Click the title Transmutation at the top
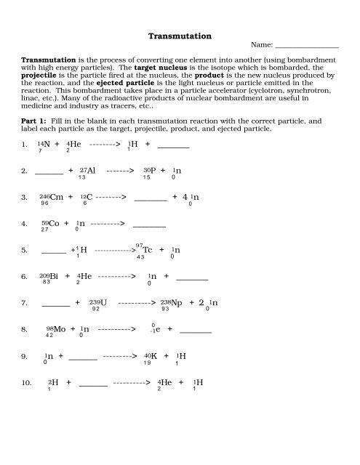[180, 34]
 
